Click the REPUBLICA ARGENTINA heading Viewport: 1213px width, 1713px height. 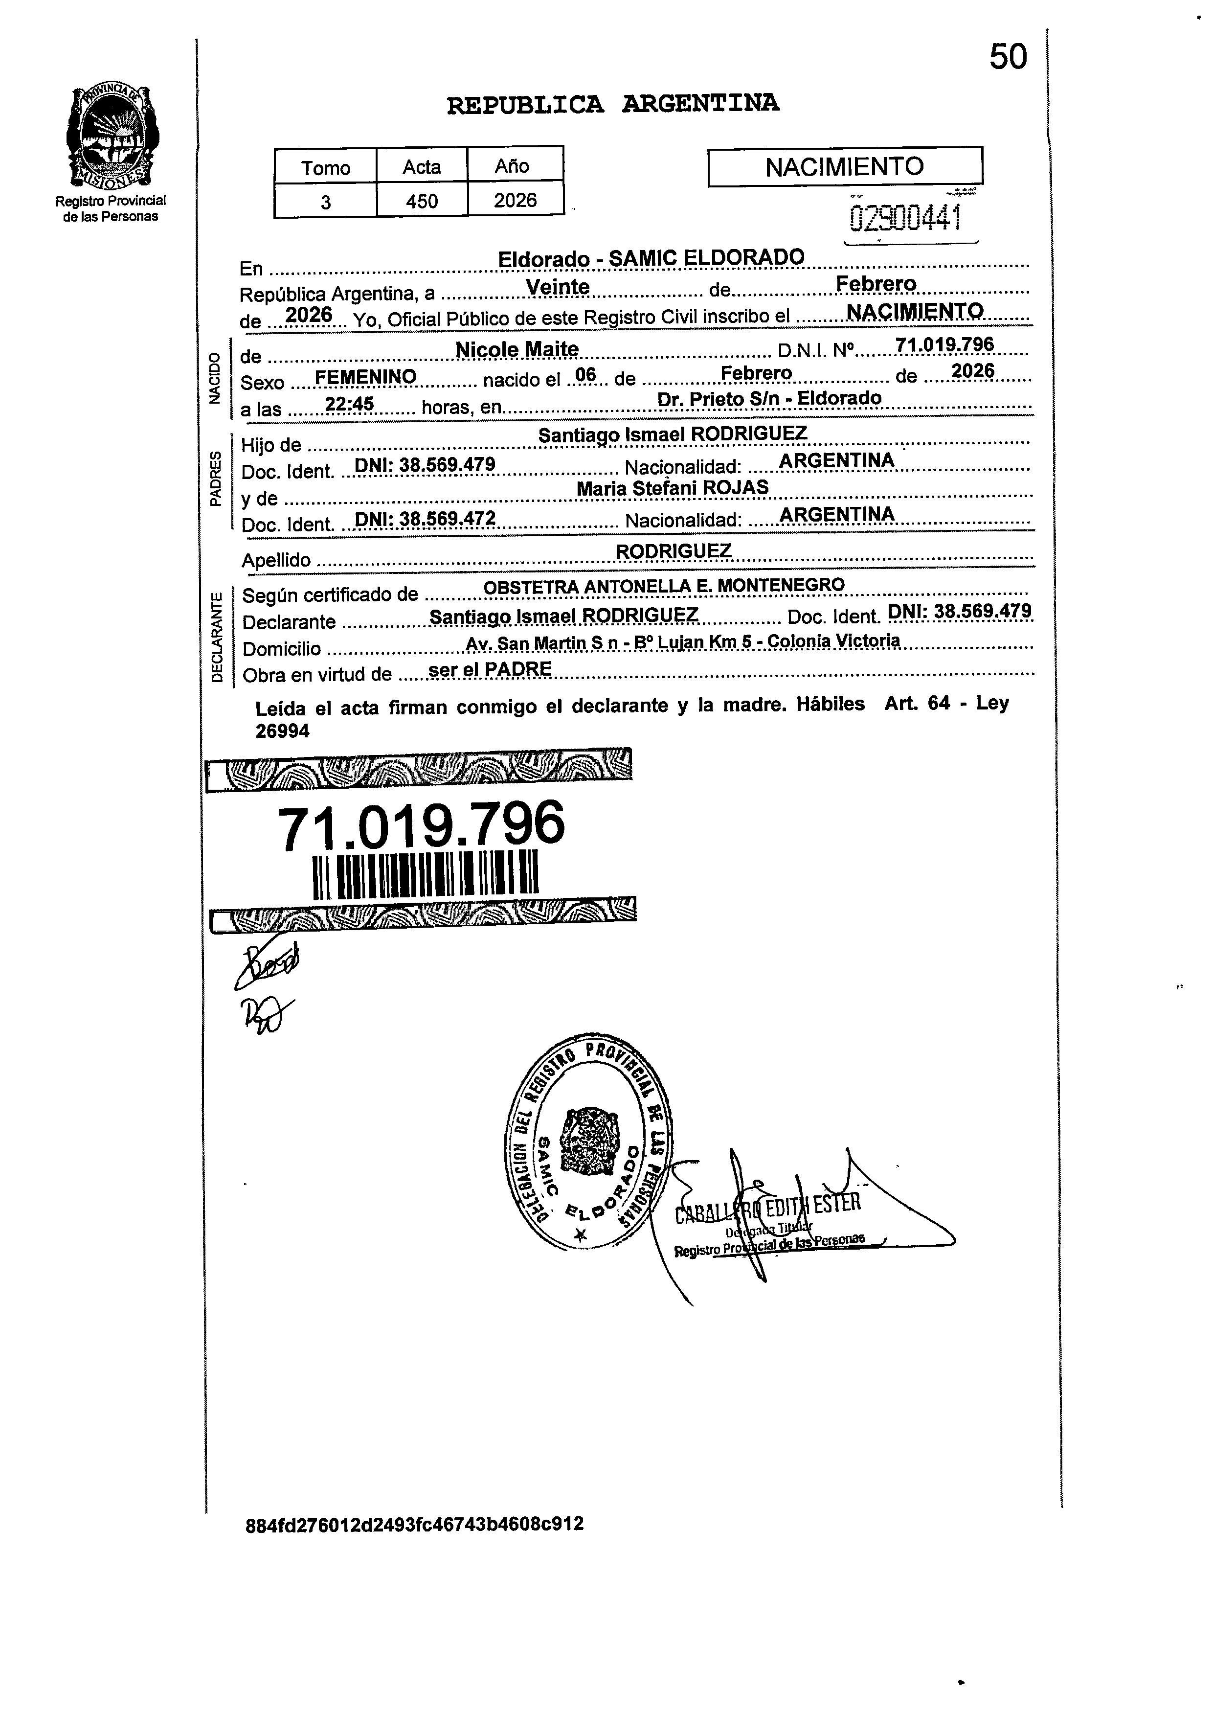click(612, 104)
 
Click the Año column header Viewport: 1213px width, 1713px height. click(513, 166)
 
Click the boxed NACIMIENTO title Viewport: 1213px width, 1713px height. click(844, 166)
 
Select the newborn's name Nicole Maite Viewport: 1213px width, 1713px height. click(517, 349)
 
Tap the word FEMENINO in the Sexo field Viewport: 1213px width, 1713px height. click(365, 377)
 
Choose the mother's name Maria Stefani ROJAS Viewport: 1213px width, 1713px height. click(672, 489)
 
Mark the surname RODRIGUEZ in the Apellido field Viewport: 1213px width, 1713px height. click(673, 550)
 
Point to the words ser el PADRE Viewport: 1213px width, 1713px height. click(491, 669)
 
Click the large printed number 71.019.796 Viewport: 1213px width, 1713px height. click(421, 826)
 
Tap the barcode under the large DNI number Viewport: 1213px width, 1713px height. click(425, 874)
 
